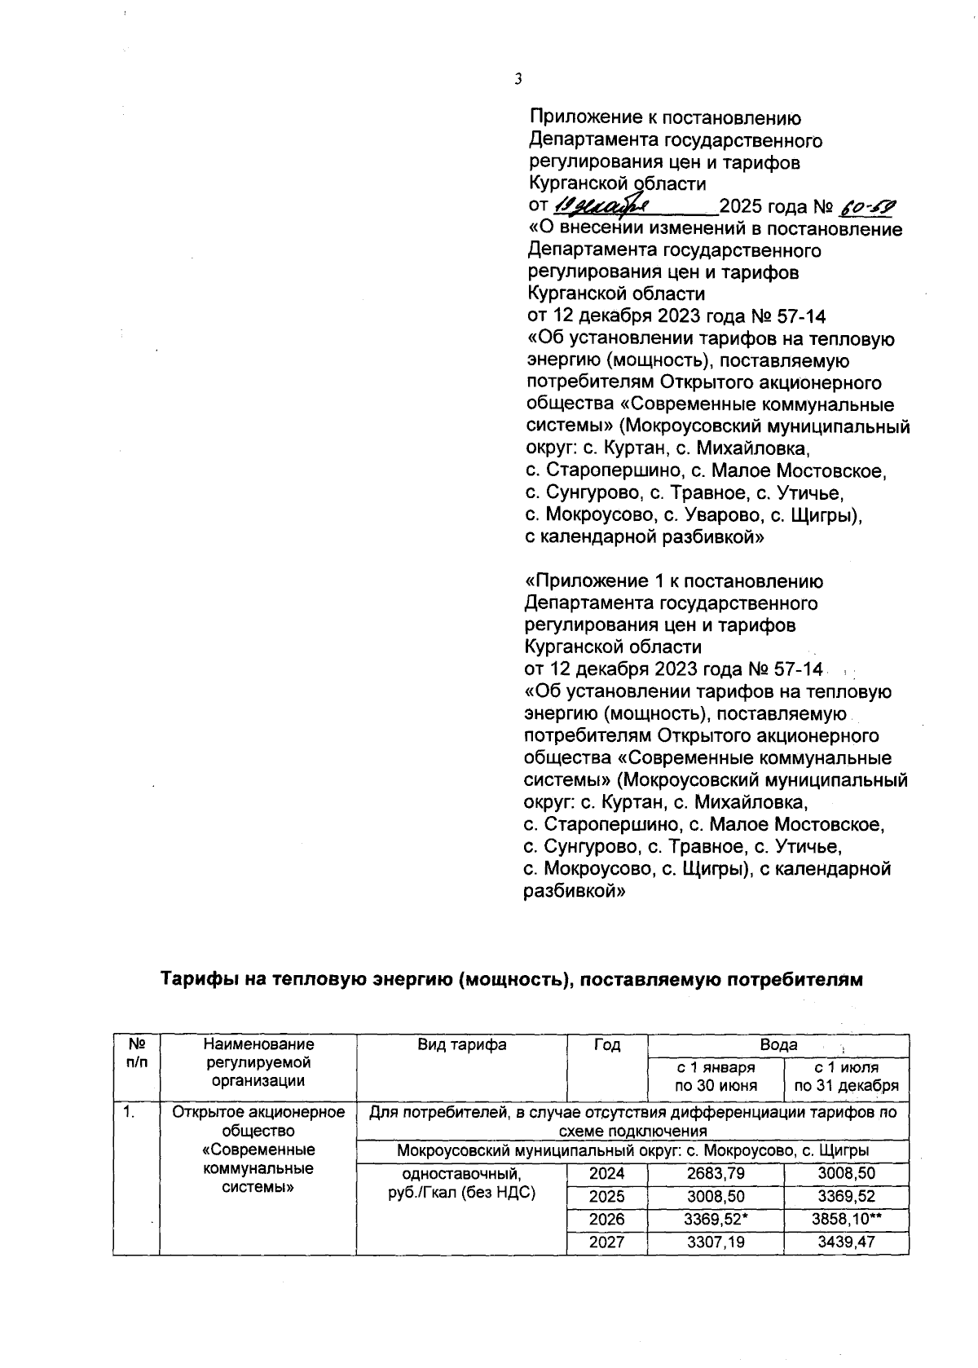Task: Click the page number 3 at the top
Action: click(x=518, y=79)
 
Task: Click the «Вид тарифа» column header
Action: click(x=461, y=1045)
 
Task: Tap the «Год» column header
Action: click(x=607, y=1045)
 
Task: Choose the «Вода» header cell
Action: click(x=778, y=1045)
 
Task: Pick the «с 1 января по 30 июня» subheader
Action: click(x=715, y=1076)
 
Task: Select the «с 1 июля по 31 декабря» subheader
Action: click(x=846, y=1076)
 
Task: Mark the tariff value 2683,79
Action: click(x=715, y=1174)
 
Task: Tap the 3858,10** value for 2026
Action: click(x=846, y=1220)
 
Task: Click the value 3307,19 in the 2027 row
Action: click(x=715, y=1242)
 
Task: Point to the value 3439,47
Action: click(x=846, y=1242)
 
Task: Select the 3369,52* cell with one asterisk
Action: click(x=715, y=1220)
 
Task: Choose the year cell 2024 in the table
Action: click(x=607, y=1174)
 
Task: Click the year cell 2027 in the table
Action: click(x=607, y=1242)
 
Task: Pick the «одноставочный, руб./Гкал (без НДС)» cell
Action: click(x=461, y=1184)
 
